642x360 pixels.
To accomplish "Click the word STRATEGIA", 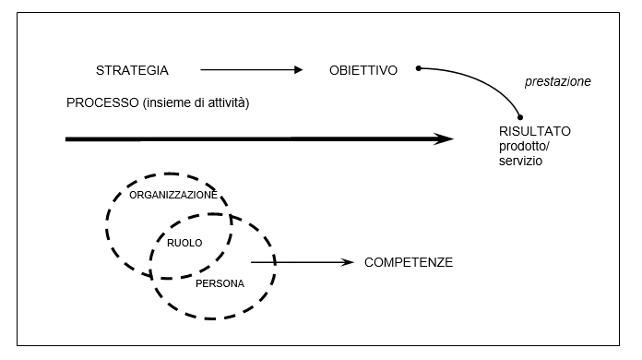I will (132, 70).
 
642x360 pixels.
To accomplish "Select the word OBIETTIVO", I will (363, 70).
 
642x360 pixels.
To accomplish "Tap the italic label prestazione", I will (557, 81).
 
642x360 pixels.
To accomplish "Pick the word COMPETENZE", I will (408, 263).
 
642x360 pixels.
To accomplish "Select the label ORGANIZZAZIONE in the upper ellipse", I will (173, 196).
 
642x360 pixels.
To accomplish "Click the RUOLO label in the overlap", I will (184, 242).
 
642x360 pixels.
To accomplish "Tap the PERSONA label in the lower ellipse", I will (220, 283).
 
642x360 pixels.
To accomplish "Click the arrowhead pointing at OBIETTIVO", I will (297, 70).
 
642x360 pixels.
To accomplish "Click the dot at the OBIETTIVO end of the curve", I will (419, 68).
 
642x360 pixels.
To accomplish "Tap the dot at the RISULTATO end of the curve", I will (521, 118).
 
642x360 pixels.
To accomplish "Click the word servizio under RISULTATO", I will (519, 161).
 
